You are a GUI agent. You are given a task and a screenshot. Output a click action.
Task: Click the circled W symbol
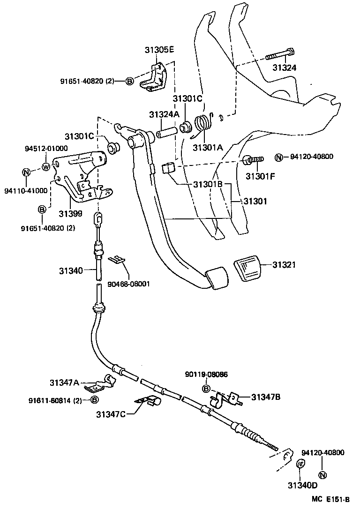coord(46,166)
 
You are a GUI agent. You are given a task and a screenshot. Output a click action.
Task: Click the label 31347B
coord(265,397)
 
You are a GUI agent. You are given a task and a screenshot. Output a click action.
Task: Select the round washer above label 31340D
coord(301,463)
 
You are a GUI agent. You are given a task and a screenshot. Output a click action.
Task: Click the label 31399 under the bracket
coord(70,213)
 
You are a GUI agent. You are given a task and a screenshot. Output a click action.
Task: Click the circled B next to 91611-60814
coord(94,400)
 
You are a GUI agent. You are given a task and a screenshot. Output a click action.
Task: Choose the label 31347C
coord(112,414)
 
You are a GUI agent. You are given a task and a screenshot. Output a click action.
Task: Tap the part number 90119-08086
coord(206,375)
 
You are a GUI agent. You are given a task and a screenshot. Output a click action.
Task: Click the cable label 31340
coord(71,270)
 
